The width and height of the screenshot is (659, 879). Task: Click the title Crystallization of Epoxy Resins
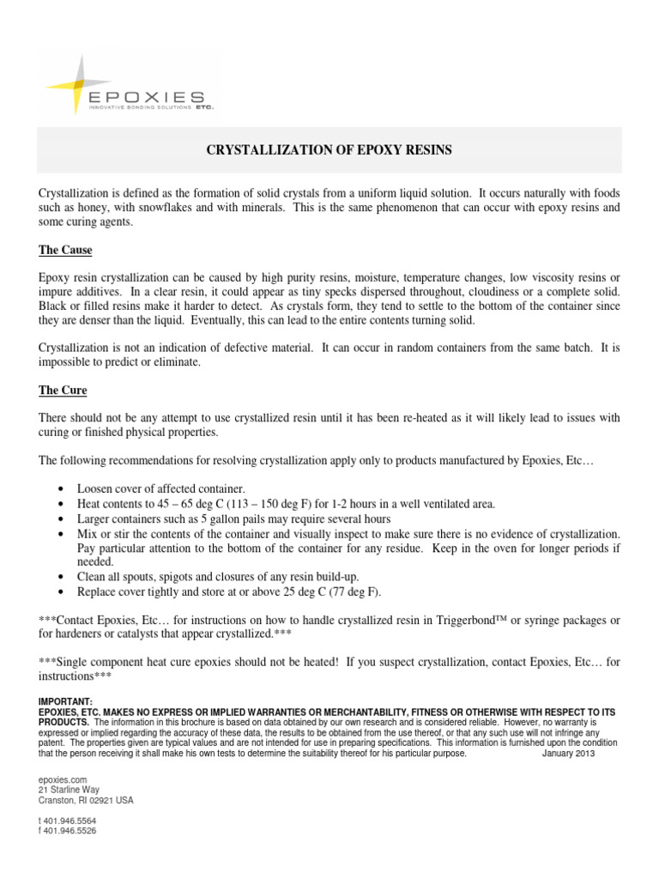pyautogui.click(x=329, y=150)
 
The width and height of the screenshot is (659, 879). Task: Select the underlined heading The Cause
pyautogui.click(x=65, y=250)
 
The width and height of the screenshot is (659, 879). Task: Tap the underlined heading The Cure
pyautogui.click(x=63, y=390)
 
